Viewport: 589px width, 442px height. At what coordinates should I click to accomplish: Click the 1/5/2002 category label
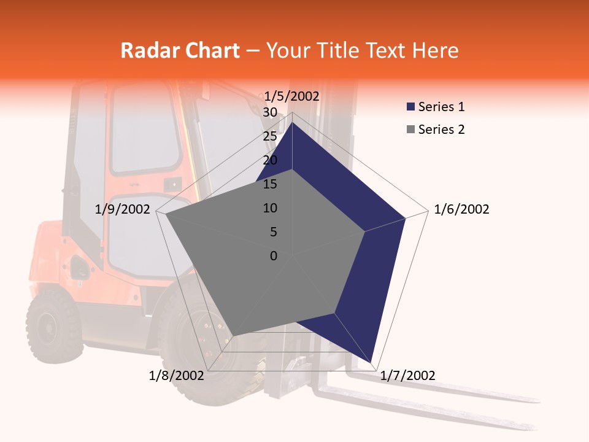291,96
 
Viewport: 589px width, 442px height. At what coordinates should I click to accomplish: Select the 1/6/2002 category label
461,209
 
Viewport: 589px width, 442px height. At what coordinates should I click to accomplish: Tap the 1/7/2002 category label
407,376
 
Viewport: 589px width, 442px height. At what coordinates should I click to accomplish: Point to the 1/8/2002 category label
177,376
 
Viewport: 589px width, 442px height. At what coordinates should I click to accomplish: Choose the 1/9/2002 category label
122,209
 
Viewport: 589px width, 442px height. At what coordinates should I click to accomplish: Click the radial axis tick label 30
269,112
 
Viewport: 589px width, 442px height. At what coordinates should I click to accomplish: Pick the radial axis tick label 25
269,136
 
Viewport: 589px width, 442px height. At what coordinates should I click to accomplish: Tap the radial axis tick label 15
269,184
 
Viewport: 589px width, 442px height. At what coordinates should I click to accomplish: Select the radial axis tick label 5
273,232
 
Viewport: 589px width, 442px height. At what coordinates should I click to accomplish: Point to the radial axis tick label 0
274,256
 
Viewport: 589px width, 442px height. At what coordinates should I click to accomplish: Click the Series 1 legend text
441,107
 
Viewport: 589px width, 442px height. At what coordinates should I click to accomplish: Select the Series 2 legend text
441,130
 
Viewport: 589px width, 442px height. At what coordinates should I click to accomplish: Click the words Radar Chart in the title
180,50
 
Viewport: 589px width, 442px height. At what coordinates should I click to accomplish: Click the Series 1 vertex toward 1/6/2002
406,218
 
